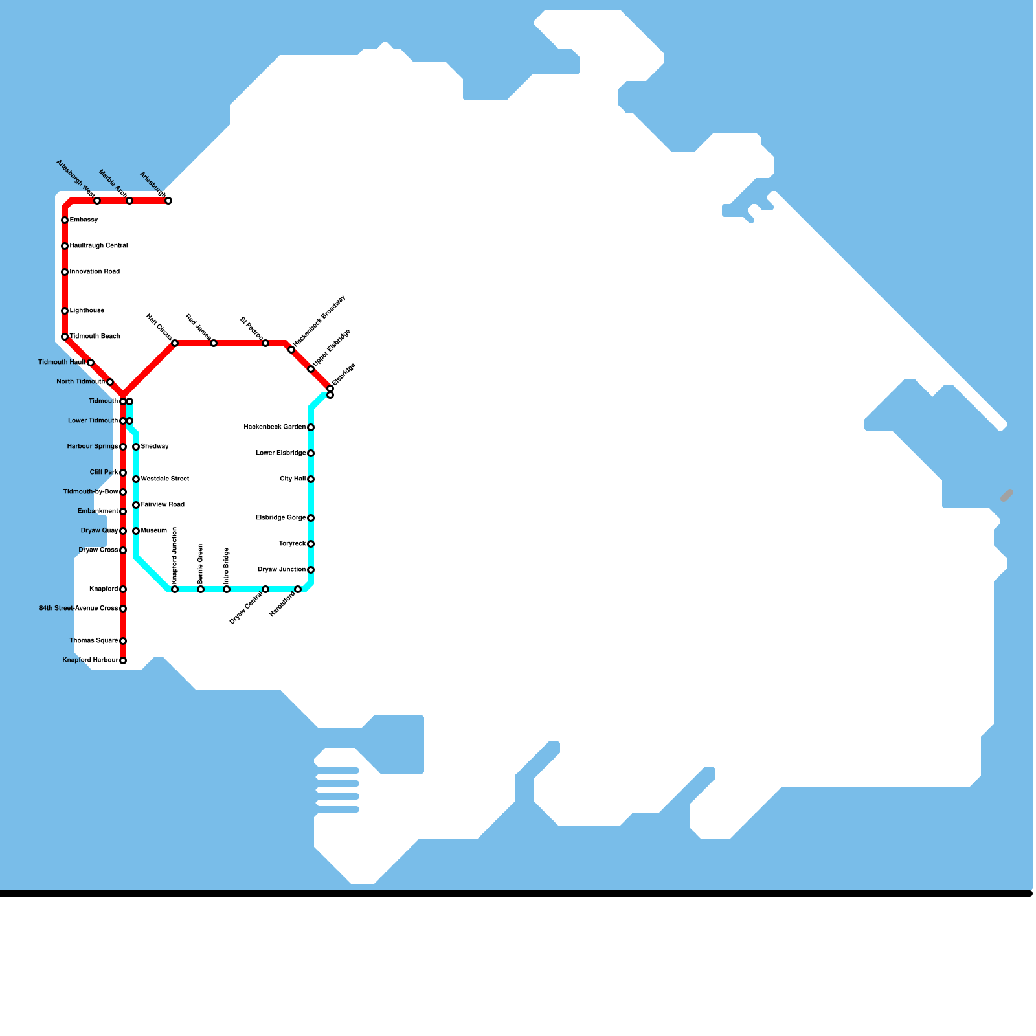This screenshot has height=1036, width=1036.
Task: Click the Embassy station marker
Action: [65, 220]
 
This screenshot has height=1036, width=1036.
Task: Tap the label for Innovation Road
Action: [95, 272]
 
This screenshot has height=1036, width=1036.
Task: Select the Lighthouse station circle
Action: [65, 311]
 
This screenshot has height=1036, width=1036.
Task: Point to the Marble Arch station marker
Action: [129, 201]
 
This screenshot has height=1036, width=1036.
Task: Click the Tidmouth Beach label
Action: [95, 337]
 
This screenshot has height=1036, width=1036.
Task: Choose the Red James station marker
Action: [214, 343]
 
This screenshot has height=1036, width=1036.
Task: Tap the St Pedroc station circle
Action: [265, 343]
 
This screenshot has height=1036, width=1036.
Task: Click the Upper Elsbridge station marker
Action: [311, 369]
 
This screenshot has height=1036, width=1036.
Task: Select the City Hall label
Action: [293, 479]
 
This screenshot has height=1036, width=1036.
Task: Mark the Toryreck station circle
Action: [311, 544]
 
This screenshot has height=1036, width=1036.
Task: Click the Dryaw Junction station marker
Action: [311, 570]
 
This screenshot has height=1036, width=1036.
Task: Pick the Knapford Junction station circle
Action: [175, 589]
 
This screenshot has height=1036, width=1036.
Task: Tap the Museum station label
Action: [154, 531]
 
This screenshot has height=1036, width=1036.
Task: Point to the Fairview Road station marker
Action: [136, 505]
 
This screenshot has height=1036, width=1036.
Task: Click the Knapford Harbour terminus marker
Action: [123, 660]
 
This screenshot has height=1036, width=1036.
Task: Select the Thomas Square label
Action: [94, 641]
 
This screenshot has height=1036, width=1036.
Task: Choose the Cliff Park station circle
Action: [123, 473]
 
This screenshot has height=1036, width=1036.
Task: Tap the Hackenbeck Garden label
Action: [275, 427]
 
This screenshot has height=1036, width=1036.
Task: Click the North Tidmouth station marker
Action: [110, 382]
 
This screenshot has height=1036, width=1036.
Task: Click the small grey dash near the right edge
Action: [1007, 495]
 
